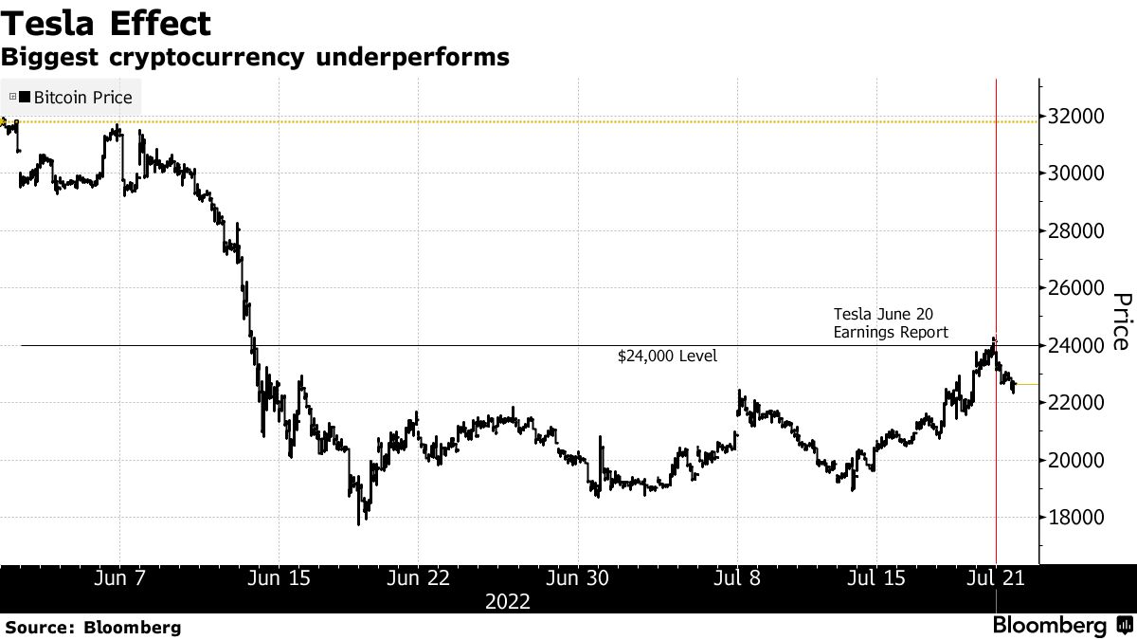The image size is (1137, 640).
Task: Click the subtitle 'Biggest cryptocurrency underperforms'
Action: (255, 58)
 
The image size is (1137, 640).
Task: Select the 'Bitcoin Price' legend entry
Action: (80, 98)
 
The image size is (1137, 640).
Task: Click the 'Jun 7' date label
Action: (120, 578)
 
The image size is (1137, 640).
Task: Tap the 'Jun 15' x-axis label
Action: (278, 578)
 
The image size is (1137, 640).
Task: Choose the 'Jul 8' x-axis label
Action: (737, 578)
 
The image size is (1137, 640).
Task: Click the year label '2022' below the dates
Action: (507, 602)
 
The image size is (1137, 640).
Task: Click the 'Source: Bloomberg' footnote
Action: (91, 627)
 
